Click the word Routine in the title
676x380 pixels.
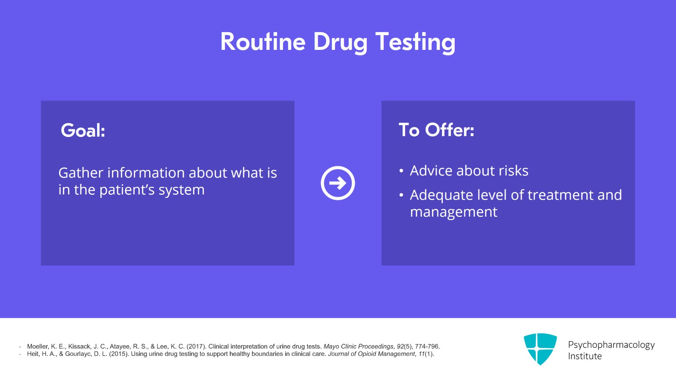point(263,42)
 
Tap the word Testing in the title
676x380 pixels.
point(415,43)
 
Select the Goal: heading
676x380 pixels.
point(83,130)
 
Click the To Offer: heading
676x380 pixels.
point(436,130)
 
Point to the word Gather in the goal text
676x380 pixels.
point(81,173)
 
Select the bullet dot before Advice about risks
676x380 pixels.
point(401,171)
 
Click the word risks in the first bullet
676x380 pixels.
point(513,170)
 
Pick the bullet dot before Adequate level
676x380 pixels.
point(401,195)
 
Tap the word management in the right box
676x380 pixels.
point(454,212)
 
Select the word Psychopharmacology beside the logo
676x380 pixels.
point(611,345)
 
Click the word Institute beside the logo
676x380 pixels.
point(585,356)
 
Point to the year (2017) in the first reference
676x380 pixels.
point(196,347)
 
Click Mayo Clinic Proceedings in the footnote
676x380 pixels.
point(358,347)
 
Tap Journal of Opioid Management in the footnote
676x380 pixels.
point(371,354)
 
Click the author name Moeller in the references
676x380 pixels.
point(38,347)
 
